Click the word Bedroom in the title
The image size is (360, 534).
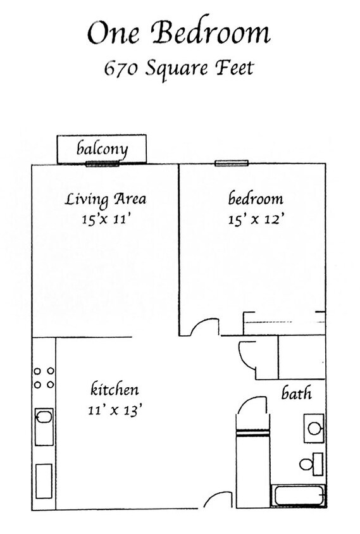click(x=211, y=33)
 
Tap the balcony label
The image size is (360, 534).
click(x=102, y=149)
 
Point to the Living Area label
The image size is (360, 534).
click(x=106, y=200)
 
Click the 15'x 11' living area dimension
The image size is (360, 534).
click(x=106, y=220)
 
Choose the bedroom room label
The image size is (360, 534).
click(x=255, y=199)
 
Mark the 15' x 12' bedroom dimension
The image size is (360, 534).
click(x=255, y=220)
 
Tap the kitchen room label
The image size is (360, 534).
click(x=115, y=389)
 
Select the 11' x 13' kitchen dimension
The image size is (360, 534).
click(x=115, y=409)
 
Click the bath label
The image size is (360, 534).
click(x=296, y=394)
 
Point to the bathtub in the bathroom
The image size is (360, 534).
click(x=299, y=495)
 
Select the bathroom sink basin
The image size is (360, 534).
click(x=314, y=428)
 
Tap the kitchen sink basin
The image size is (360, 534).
click(x=44, y=418)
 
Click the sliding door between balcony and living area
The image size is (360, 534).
click(x=102, y=163)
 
